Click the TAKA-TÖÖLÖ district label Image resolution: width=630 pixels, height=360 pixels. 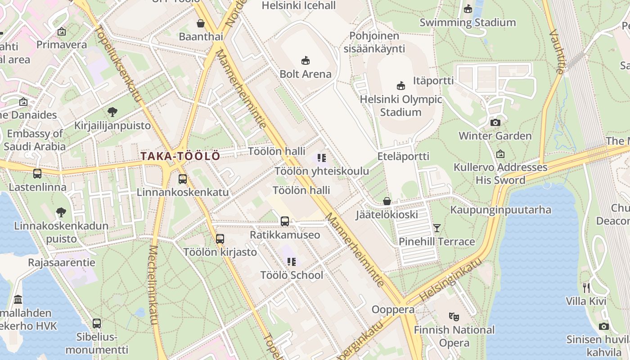180,156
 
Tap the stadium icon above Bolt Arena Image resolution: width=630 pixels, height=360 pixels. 306,60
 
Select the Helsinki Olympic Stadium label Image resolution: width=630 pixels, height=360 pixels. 400,106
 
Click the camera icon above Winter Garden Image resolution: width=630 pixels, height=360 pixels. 495,122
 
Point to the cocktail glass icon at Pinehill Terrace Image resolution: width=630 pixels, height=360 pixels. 436,228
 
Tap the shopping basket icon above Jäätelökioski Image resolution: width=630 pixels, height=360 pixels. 387,201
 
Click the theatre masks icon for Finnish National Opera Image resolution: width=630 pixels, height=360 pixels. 454,317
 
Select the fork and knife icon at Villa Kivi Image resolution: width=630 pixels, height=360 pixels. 586,288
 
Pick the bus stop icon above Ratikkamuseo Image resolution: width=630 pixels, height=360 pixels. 285,221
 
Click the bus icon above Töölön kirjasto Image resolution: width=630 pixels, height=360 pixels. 220,239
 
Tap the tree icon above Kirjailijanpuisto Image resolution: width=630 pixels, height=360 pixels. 112,112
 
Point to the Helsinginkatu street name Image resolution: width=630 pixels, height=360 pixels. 450,280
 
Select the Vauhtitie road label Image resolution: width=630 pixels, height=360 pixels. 557,51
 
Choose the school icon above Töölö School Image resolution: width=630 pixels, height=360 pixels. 292,261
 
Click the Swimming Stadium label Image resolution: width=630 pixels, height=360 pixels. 468,22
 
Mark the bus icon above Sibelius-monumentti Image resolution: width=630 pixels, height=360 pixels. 97,323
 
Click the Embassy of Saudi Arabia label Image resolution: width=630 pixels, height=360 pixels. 35,140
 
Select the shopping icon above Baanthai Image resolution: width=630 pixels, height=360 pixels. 201,23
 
